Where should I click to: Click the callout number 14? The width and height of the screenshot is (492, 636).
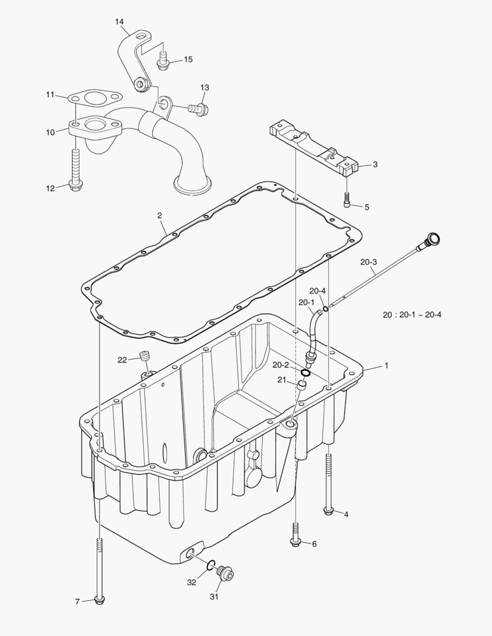tap(120, 22)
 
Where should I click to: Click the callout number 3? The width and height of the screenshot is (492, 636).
tap(375, 164)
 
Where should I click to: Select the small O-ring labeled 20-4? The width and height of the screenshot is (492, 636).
tap(325, 308)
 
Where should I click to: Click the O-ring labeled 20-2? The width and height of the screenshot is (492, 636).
tap(305, 373)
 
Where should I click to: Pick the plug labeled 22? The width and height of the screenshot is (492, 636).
tap(144, 356)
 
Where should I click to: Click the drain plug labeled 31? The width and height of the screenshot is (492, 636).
tap(225, 573)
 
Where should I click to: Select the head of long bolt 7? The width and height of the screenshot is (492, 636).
tap(100, 600)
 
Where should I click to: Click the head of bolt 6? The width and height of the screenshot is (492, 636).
tap(295, 542)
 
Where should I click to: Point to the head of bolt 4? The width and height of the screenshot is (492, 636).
tap(328, 511)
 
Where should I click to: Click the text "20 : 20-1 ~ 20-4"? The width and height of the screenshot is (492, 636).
tap(411, 314)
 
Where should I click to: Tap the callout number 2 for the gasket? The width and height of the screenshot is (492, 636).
tap(160, 216)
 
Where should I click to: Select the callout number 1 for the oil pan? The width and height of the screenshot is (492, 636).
tap(386, 365)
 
